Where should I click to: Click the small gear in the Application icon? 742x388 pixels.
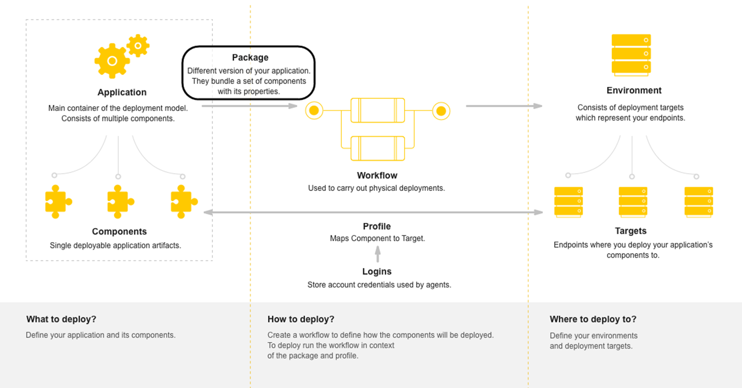pyautogui.click(x=138, y=45)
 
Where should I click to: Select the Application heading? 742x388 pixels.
pyautogui.click(x=122, y=93)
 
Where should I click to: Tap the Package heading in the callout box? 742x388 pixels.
pyautogui.click(x=250, y=58)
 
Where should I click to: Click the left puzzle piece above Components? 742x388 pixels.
pyautogui.click(x=58, y=201)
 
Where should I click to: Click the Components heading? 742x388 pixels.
pyautogui.click(x=119, y=231)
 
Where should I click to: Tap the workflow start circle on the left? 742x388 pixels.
pyautogui.click(x=313, y=111)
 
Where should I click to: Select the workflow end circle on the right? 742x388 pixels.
pyautogui.click(x=441, y=111)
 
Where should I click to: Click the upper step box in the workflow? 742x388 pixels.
pyautogui.click(x=377, y=110)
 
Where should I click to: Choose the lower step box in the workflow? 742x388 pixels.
pyautogui.click(x=377, y=147)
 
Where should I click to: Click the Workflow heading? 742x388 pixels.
pyautogui.click(x=377, y=175)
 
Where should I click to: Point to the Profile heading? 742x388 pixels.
pyautogui.click(x=377, y=226)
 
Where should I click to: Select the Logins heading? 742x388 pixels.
pyautogui.click(x=377, y=271)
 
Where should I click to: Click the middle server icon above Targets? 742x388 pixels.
pyautogui.click(x=633, y=202)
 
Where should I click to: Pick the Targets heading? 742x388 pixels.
pyautogui.click(x=631, y=231)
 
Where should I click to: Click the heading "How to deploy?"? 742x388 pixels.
pyautogui.click(x=301, y=319)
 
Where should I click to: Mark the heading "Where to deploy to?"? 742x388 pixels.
pyautogui.click(x=592, y=319)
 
